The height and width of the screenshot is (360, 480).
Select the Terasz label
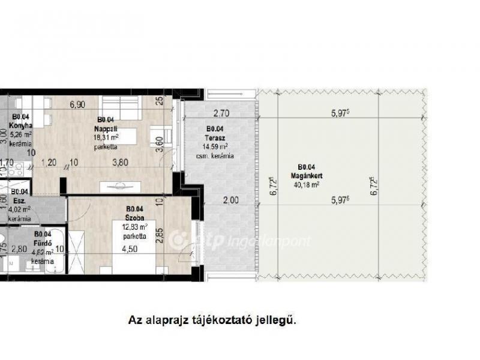point(215,137)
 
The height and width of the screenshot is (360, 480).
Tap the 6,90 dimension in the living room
point(77,104)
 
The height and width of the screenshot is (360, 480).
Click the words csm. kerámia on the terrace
point(214,156)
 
